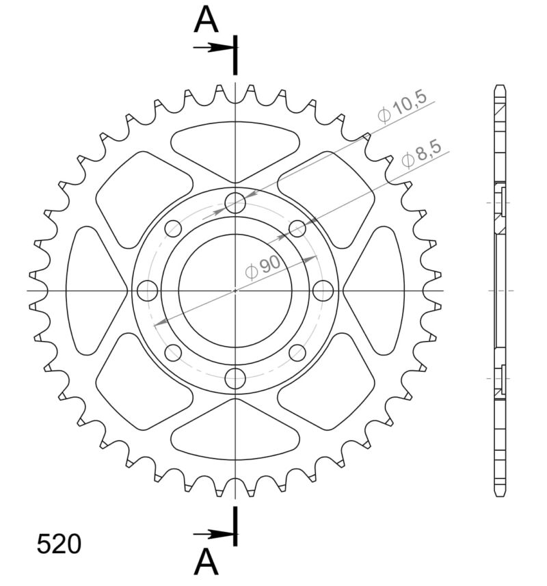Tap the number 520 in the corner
(59, 544)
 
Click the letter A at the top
(206, 21)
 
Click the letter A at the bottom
(206, 562)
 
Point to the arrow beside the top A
(213, 48)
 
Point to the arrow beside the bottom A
(213, 533)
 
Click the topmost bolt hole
(236, 203)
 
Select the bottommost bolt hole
(236, 377)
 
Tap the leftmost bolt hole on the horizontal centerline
(148, 291)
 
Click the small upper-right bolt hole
(297, 228)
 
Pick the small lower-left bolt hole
(174, 353)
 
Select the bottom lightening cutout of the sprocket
(236, 436)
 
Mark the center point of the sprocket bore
(236, 291)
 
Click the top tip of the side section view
(500, 88)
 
